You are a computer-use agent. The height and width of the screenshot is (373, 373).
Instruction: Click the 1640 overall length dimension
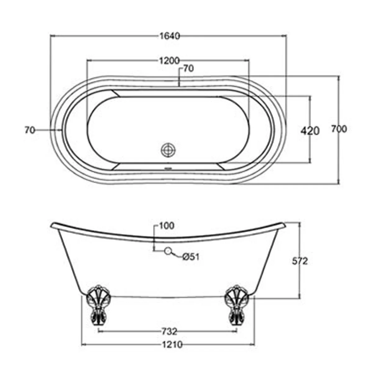pyautogui.click(x=169, y=36)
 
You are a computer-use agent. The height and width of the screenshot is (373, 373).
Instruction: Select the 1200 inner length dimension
pyautogui.click(x=169, y=60)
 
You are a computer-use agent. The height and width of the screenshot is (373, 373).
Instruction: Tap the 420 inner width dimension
pyautogui.click(x=310, y=131)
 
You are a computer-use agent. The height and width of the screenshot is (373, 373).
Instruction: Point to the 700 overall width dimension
pyautogui.click(x=339, y=129)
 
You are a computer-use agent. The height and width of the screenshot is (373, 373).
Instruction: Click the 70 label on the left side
pyautogui.click(x=30, y=130)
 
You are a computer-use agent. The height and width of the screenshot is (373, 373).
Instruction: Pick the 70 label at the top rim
pyautogui.click(x=188, y=68)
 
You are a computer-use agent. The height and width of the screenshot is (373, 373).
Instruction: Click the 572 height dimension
pyautogui.click(x=300, y=261)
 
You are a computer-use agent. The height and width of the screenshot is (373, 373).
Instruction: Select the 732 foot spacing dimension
pyautogui.click(x=169, y=331)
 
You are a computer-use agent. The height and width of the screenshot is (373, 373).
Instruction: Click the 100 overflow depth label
pyautogui.click(x=167, y=226)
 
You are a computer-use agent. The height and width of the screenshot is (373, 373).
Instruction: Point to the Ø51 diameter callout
pyautogui.click(x=191, y=257)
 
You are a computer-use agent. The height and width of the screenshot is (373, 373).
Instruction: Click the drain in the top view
pyautogui.click(x=168, y=150)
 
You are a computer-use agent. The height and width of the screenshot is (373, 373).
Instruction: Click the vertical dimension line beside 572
pyautogui.click(x=300, y=280)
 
